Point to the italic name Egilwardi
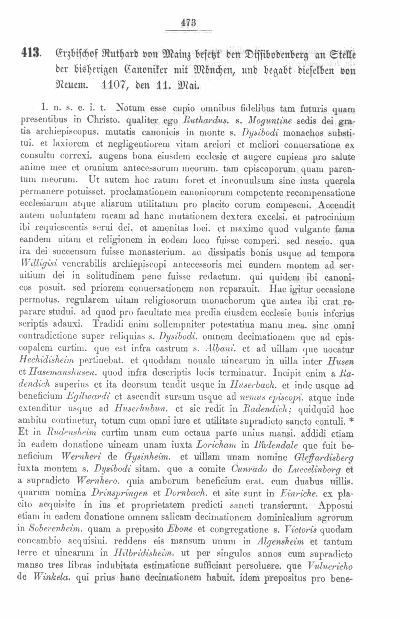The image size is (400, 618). tap(88, 396)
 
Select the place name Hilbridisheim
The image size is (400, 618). tap(144, 553)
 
